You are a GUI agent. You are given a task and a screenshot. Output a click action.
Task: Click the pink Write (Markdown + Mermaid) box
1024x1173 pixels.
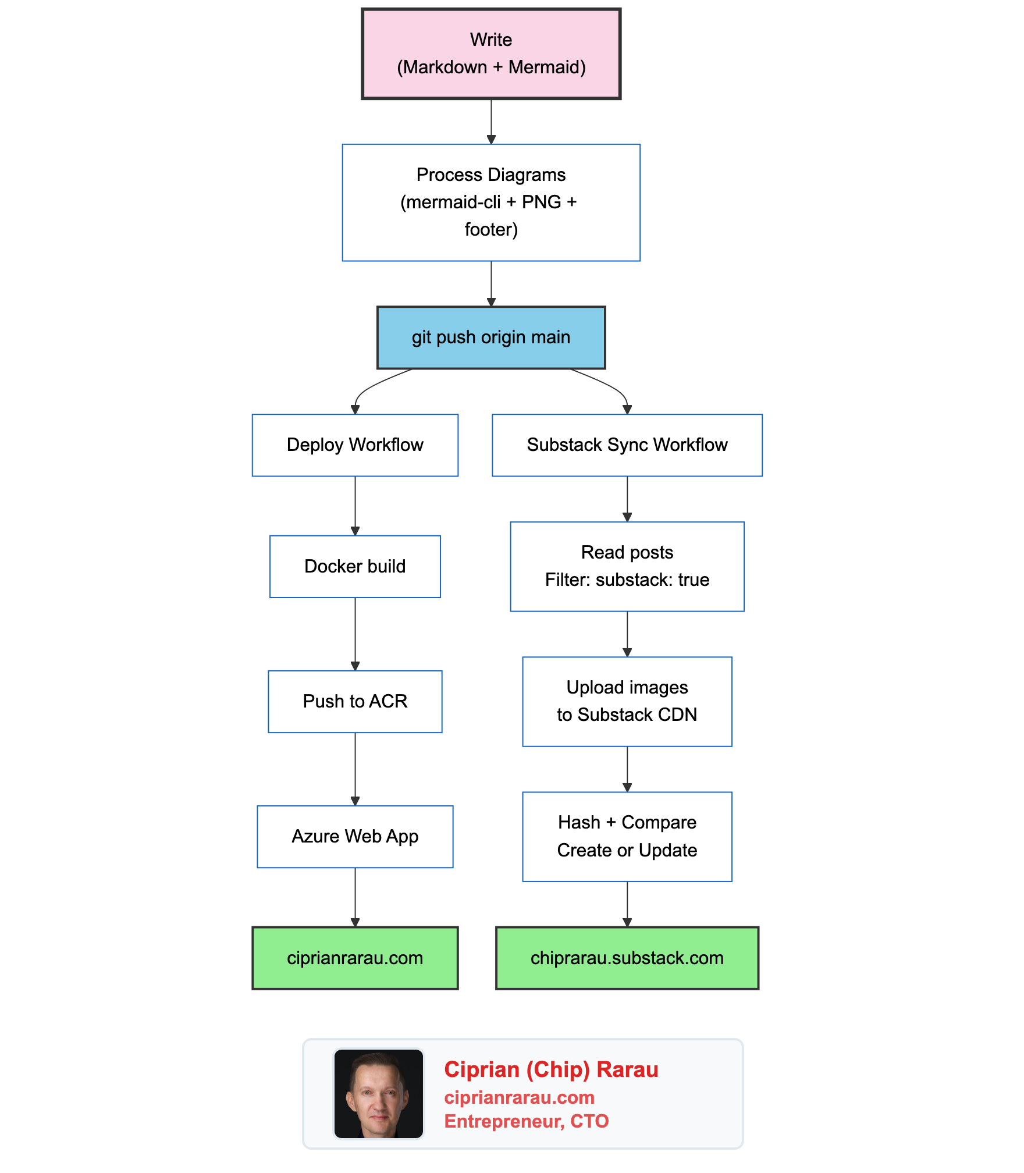491,54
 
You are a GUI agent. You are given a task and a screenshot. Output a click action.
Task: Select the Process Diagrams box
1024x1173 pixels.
491,202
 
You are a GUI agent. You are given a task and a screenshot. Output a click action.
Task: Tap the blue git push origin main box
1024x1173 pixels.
491,337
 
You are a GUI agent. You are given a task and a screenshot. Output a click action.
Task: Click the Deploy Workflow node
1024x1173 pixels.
355,445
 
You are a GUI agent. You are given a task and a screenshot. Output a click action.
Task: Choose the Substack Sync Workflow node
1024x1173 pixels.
627,445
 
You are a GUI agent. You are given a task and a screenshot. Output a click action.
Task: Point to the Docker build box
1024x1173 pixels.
355,566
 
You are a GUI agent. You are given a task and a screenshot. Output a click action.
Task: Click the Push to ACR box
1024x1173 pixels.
355,701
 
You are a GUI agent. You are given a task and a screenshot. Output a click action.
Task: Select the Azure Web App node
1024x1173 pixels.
355,836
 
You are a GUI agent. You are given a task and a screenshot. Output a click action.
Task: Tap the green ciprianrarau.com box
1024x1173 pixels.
355,958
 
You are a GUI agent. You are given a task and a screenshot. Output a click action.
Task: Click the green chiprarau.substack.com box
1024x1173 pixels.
627,958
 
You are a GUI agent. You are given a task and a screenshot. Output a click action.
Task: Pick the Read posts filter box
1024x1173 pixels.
627,566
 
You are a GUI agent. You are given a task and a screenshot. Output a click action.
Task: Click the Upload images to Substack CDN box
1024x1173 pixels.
627,701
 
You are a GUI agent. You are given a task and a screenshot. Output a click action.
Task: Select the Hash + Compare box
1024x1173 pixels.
627,836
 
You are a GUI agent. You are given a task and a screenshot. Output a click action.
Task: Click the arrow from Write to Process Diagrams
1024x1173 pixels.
491,121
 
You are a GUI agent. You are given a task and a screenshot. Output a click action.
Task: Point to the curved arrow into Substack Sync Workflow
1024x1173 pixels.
611,386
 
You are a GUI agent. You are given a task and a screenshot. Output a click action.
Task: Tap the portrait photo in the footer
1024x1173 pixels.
378,1093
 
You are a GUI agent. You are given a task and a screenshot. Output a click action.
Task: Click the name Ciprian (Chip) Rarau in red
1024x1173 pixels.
551,1069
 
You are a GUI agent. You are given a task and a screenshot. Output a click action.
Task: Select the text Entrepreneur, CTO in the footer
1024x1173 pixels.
526,1121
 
